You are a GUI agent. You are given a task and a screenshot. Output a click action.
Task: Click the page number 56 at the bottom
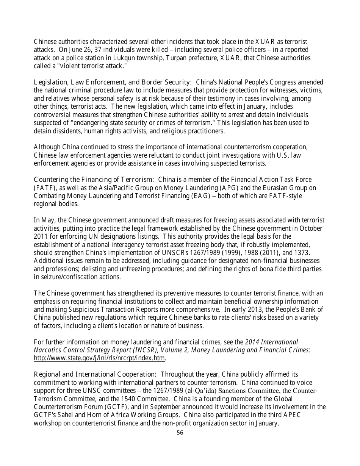tap(180, 433)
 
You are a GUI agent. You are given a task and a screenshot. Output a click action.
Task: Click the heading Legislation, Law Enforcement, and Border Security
tap(113, 82)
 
